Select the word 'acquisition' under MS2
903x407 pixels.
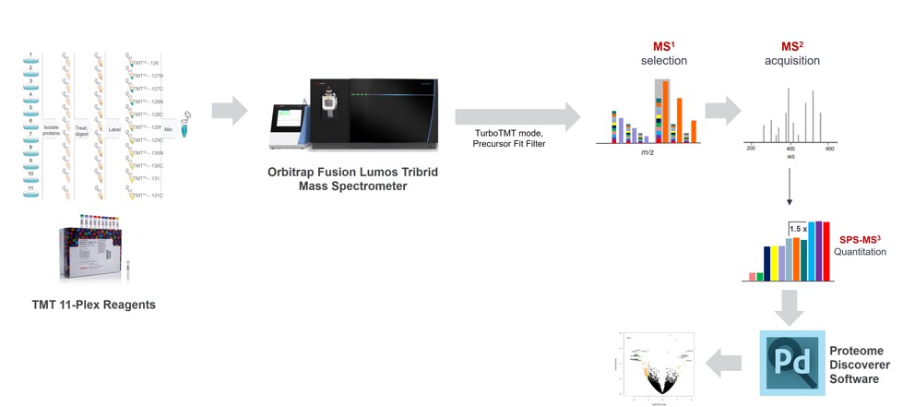pos(791,61)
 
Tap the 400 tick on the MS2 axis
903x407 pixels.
pos(790,148)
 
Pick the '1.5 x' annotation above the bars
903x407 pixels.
pos(798,226)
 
